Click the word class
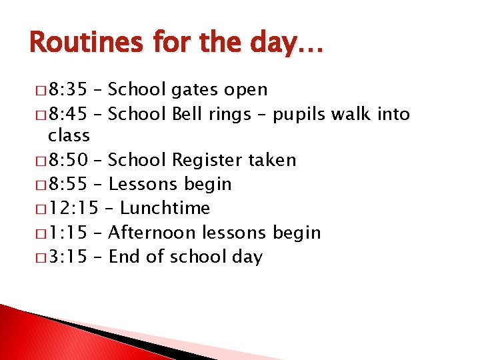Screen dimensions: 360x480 69,135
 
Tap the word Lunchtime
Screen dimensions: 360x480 165,209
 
